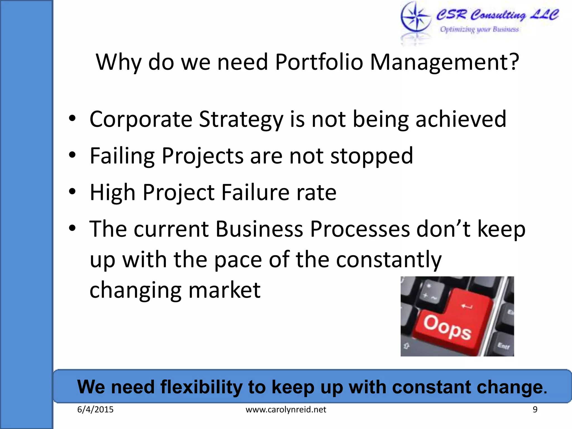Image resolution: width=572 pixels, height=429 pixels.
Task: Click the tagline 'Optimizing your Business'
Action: (479, 29)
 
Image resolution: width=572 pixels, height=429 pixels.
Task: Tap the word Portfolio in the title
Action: (319, 62)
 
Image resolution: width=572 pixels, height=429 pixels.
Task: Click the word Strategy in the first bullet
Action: (241, 120)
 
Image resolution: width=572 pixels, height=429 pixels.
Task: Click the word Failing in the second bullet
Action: (122, 156)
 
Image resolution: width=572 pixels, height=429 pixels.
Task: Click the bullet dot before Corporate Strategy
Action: (72, 118)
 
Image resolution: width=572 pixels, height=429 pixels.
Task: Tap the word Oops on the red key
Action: (447, 327)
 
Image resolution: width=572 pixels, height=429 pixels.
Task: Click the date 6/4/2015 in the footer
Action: (95, 410)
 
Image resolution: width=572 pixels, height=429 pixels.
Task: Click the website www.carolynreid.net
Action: (286, 410)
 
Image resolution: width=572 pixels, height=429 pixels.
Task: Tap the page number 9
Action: (535, 410)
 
